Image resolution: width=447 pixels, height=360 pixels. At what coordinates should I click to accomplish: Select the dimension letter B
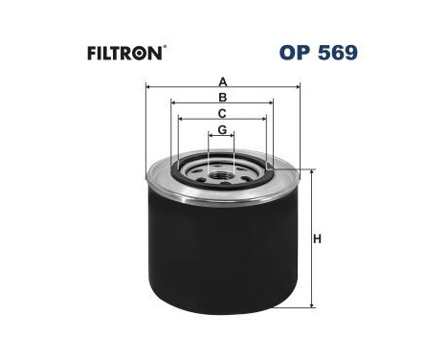pos(222,97)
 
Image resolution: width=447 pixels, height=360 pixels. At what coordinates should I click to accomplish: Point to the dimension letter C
pos(222,113)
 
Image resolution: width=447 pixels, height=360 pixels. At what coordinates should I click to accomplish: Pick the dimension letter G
pos(222,129)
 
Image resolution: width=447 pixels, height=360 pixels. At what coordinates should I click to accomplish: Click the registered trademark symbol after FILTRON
pos(165,45)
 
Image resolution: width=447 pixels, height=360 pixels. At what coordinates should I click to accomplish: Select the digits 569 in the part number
pos(339,50)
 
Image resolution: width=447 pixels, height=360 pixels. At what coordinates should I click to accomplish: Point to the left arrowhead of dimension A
pos(148,87)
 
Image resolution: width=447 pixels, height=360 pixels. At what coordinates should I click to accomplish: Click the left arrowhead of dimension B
pos(172,103)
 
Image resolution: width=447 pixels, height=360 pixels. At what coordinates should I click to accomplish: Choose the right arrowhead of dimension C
pos(263,120)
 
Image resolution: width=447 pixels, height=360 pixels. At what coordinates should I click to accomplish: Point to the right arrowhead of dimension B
pos(273,103)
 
